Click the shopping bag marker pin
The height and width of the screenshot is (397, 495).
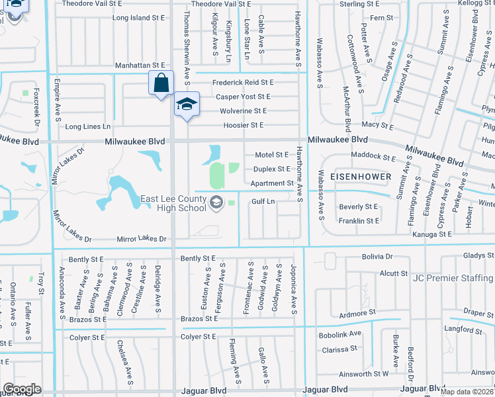[160, 83]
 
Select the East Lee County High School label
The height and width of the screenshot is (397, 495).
[174, 203]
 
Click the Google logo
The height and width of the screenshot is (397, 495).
[22, 389]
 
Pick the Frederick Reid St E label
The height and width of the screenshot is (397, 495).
[243, 83]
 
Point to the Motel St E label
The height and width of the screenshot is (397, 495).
[272, 155]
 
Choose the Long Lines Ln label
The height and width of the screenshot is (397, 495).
[88, 126]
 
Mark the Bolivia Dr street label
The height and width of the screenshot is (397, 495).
[377, 256]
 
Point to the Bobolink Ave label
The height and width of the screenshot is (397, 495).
[341, 333]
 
